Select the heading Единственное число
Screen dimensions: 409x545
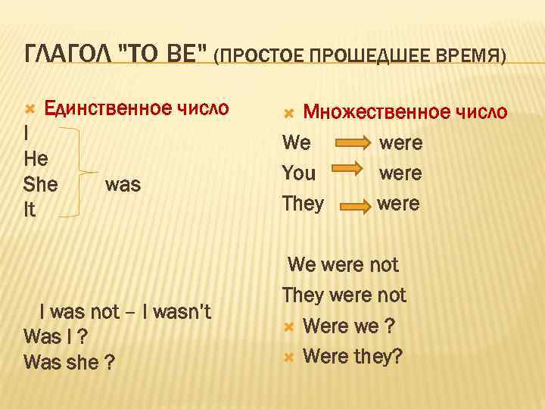tap(136, 108)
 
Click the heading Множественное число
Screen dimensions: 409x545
tap(405, 112)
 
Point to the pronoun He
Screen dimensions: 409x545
tap(36, 159)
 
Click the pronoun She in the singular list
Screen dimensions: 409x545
tap(41, 185)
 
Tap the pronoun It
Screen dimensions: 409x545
tap(30, 210)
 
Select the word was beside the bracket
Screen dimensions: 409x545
tap(123, 185)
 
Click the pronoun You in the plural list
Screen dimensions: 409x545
tap(299, 173)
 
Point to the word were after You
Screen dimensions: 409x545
tap(400, 173)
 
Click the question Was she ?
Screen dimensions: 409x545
tap(69, 362)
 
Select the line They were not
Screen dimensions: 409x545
tap(344, 295)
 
